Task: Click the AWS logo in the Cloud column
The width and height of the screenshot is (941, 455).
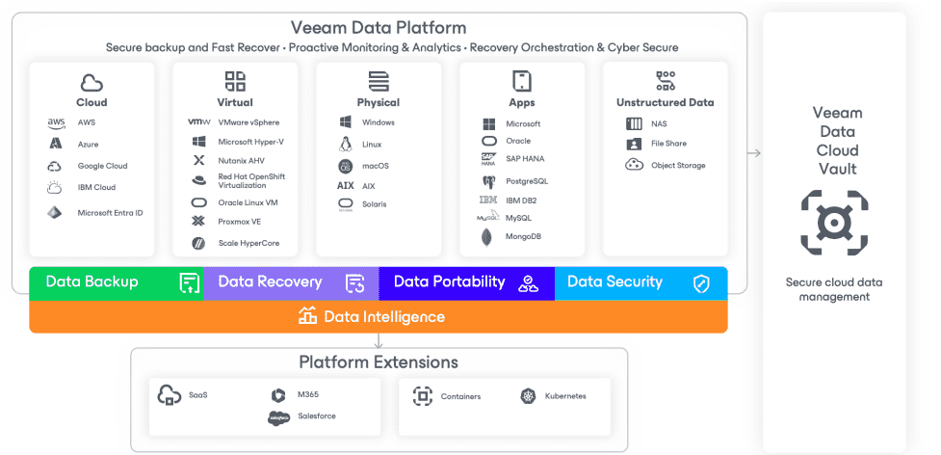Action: [56, 123]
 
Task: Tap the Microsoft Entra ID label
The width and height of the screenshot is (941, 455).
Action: [110, 213]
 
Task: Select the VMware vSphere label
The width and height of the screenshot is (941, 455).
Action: [248, 122]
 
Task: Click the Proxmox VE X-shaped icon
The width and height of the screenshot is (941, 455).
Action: [198, 222]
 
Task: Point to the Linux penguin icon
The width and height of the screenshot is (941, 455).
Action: [345, 144]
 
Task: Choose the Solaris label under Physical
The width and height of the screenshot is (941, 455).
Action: [374, 204]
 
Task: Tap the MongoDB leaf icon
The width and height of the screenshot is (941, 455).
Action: [487, 237]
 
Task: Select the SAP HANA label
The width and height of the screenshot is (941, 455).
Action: [525, 159]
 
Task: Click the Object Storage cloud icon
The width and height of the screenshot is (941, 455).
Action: [635, 165]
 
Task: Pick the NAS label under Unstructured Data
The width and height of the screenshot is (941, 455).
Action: [659, 124]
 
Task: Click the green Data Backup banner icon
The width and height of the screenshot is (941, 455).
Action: [190, 282]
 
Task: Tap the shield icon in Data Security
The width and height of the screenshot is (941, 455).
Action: [701, 284]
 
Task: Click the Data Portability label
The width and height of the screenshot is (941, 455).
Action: [450, 281]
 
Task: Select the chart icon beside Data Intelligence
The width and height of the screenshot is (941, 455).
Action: [307, 316]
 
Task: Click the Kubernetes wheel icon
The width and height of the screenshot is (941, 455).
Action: [528, 396]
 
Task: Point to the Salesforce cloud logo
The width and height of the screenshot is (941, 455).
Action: [279, 417]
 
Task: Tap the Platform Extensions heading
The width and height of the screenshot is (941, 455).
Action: [379, 362]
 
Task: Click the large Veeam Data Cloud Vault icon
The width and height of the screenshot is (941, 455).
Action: [834, 223]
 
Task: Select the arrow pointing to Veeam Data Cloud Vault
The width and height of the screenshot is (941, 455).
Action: [754, 153]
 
